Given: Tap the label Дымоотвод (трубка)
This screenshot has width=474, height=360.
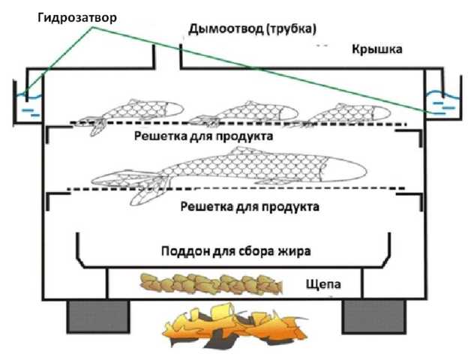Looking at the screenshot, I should pos(253,28).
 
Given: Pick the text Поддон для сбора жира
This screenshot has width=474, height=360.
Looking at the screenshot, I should pos(235,250).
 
